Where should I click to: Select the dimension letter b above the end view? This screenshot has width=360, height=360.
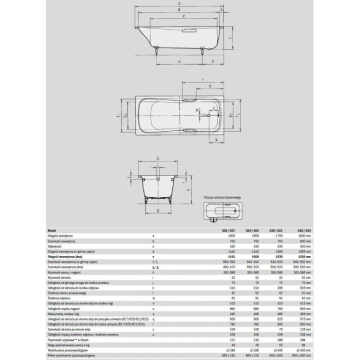(157, 159)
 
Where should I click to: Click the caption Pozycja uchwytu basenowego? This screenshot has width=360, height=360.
(223, 198)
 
